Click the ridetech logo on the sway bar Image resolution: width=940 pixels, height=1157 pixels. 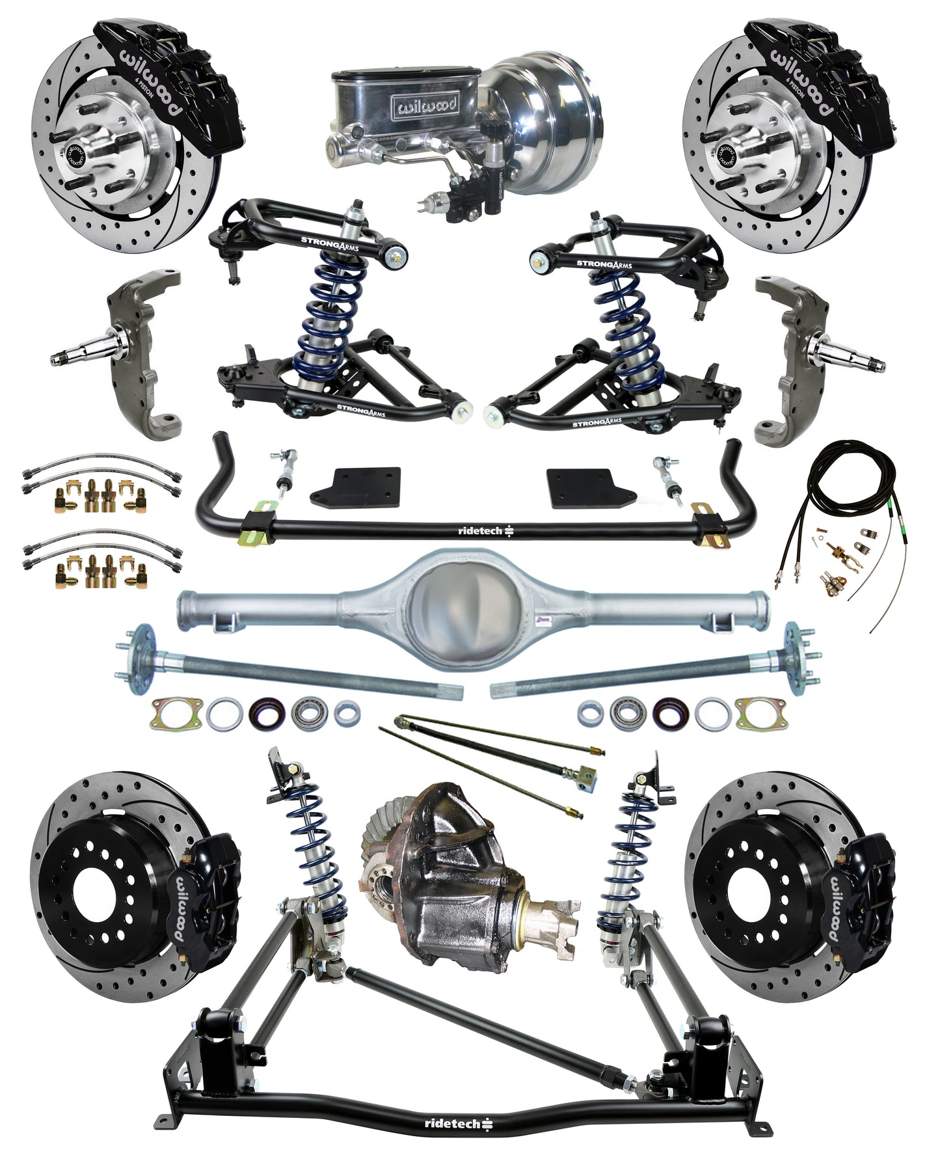485,531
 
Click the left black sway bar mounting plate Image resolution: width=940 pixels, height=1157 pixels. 355,489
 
